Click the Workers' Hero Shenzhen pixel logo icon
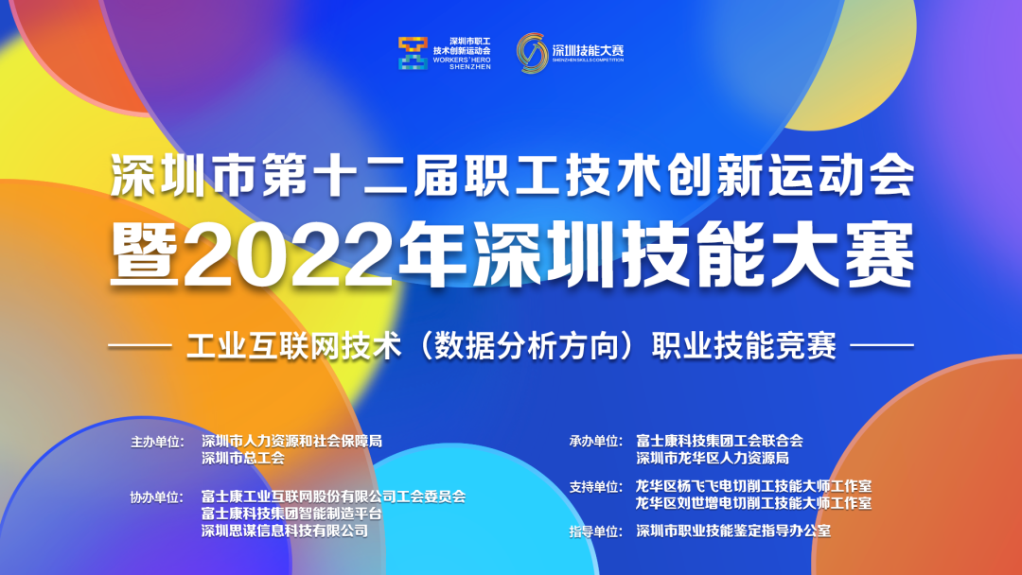414,53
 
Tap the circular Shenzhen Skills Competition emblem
532,53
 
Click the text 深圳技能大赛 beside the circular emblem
588,50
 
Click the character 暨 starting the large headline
145,255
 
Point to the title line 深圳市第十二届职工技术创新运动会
512,175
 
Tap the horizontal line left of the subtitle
139,346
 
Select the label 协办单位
157,497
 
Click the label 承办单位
596,442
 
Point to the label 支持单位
596,487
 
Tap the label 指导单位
596,531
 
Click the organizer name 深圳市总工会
243,459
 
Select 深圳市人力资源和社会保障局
292,442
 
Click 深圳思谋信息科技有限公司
285,531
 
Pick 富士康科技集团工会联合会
719,441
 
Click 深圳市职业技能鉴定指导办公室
733,531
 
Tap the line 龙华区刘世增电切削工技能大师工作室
753,503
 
